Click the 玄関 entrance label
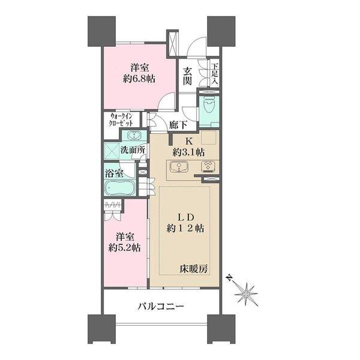(x=188, y=75)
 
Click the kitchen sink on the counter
(x=178, y=167)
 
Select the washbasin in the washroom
(x=134, y=135)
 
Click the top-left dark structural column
(x=101, y=28)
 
